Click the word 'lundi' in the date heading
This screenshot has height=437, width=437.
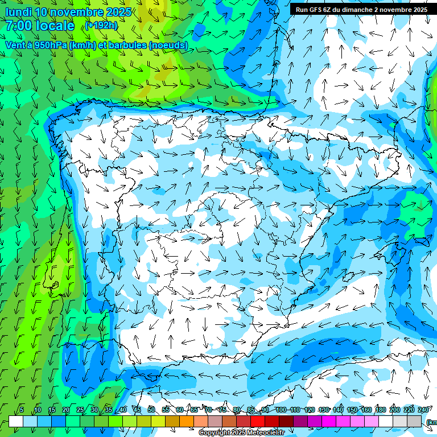pos(18,12)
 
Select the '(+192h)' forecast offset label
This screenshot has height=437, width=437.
pos(101,25)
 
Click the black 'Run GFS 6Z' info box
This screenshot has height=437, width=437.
pos(361,10)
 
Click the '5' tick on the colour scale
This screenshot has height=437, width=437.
pos(22,410)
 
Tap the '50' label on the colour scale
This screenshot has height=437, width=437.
pos(151,410)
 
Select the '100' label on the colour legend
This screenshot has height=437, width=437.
pos(280,410)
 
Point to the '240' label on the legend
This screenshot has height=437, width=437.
pos(423,410)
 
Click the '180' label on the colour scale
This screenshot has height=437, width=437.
pos(380,410)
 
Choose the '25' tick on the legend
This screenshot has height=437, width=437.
pos(80,410)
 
